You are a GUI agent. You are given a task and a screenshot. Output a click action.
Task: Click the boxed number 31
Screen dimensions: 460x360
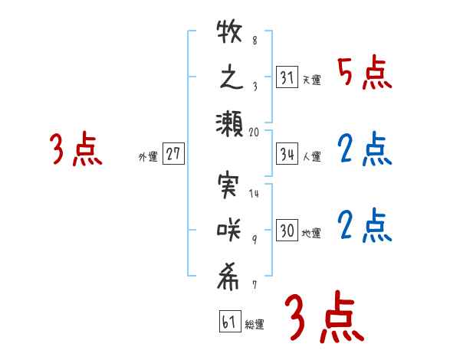point(287,77)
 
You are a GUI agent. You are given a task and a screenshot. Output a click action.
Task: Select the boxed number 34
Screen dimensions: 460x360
point(287,155)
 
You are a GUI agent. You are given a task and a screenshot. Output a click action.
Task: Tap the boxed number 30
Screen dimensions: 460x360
point(287,231)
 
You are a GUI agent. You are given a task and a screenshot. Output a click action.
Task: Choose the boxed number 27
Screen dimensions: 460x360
point(174,154)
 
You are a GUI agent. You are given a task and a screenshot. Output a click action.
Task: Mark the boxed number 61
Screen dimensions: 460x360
point(229,322)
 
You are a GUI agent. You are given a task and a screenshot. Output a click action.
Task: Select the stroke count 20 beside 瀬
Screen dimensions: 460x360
point(255,132)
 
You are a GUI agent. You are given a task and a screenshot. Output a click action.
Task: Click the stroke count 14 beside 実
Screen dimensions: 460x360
point(255,194)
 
